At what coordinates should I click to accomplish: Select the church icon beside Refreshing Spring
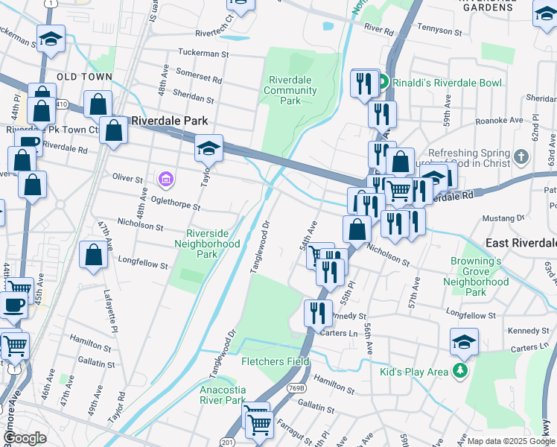click(521, 157)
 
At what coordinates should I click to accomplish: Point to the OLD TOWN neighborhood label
click(84, 77)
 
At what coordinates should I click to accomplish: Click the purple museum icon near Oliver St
click(165, 179)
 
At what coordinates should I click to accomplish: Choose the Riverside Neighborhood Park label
click(207, 244)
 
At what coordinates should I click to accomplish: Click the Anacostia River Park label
click(222, 395)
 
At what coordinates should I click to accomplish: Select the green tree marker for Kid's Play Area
click(462, 370)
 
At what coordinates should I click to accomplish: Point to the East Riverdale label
click(521, 244)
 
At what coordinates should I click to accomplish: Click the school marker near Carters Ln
click(464, 342)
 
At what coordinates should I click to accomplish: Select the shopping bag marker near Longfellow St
click(94, 256)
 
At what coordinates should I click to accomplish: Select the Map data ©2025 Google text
click(511, 441)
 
